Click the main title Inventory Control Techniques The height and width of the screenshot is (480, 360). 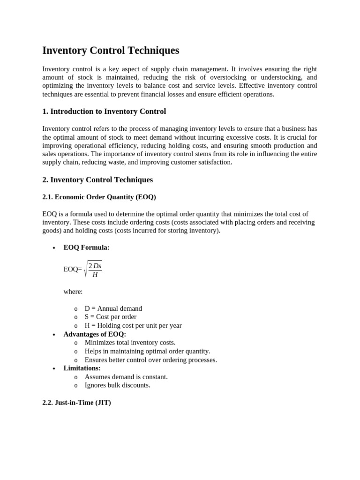click(x=111, y=51)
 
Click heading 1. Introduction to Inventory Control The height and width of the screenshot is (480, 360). click(x=104, y=112)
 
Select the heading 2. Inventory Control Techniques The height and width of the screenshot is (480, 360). click(x=97, y=180)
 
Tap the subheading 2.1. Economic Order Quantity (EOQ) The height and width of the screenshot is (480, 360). click(x=99, y=197)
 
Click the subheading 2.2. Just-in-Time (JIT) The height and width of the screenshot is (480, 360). click(x=76, y=402)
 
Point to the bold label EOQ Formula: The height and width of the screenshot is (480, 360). click(x=86, y=247)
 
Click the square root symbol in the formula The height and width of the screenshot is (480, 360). click(x=85, y=269)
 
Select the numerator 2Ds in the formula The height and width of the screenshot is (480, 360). click(x=95, y=266)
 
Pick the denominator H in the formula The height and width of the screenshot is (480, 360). click(x=95, y=275)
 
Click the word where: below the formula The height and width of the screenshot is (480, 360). click(x=73, y=292)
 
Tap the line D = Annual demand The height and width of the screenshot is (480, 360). click(x=113, y=308)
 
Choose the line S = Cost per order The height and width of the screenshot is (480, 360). click(x=110, y=317)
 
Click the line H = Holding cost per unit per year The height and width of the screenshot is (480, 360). click(x=133, y=325)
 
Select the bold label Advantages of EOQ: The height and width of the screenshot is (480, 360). click(x=95, y=334)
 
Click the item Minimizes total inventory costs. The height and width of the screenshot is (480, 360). click(x=130, y=343)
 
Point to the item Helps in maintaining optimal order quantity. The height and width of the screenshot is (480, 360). click(x=147, y=351)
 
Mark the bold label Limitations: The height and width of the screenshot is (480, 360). click(x=82, y=368)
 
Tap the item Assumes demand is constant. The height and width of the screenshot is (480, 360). click(x=126, y=376)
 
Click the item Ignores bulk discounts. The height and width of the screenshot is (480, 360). click(x=117, y=385)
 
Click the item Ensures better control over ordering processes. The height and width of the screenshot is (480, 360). click(x=150, y=360)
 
